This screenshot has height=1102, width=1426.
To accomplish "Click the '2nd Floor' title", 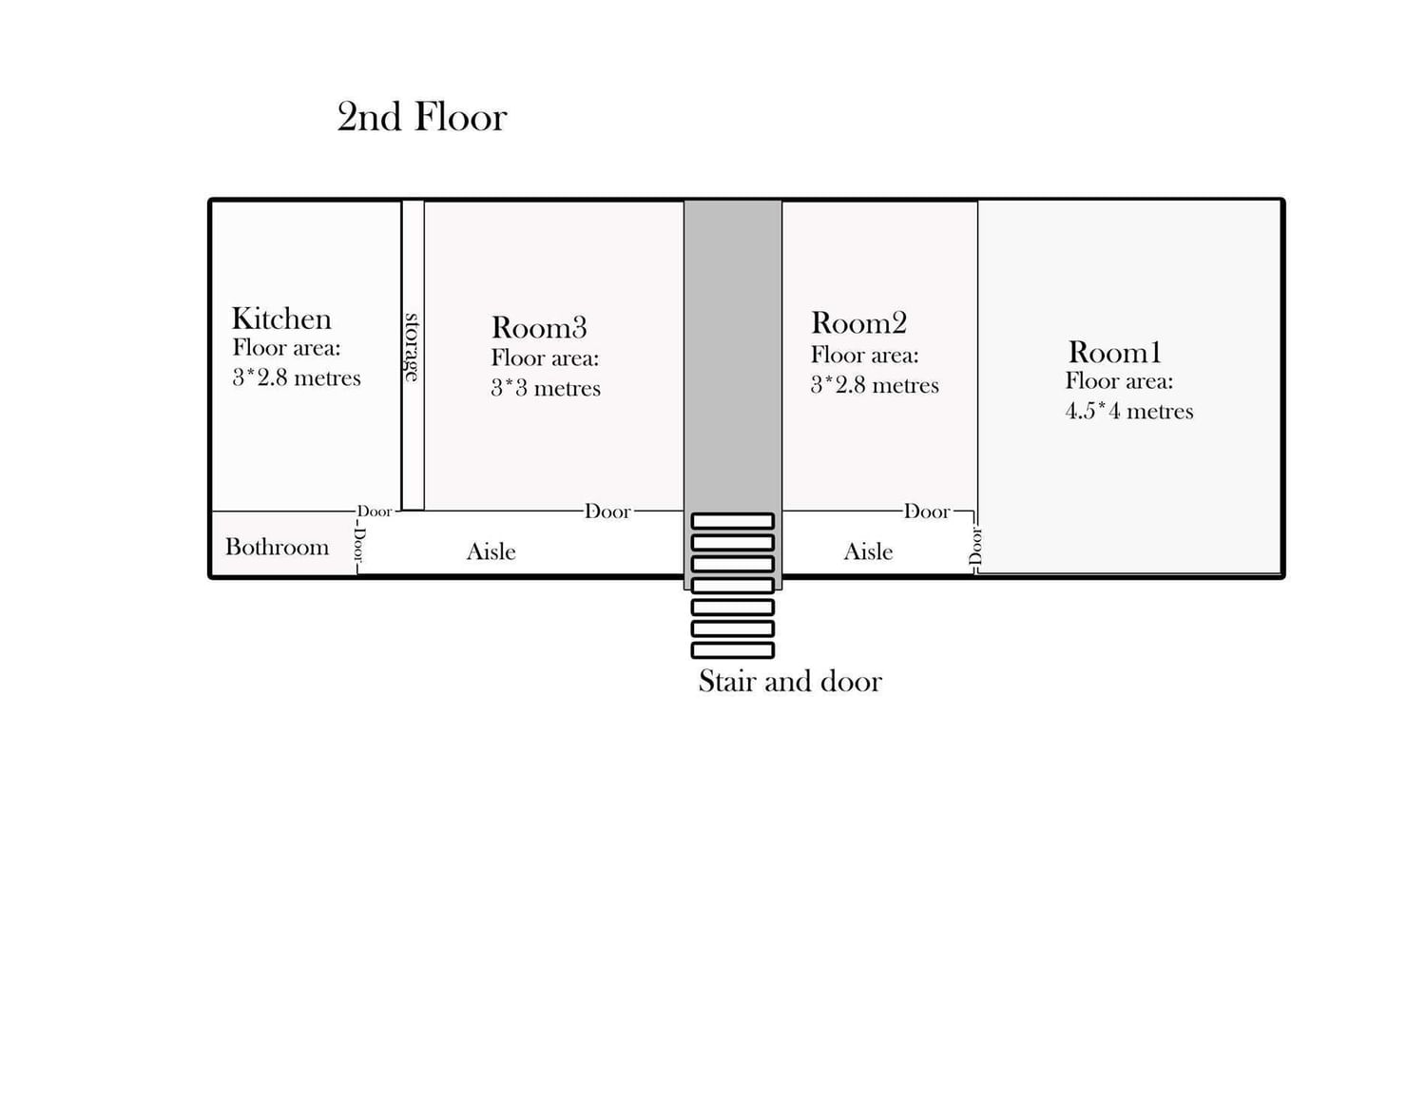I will (422, 117).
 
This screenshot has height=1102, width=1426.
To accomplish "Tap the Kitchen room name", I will (281, 319).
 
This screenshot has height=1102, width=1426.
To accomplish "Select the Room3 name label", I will (539, 328).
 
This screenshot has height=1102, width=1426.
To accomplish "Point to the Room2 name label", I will (858, 323).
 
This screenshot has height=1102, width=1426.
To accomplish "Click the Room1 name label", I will (1114, 353).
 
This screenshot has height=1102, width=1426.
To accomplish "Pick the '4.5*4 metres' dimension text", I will (1128, 411).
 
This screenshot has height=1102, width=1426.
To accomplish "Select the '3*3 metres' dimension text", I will (546, 388).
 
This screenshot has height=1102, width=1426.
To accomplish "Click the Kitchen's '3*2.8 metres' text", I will (297, 377).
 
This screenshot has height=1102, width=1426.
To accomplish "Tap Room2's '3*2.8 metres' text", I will (875, 385).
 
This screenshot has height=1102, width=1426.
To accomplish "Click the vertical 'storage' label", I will (413, 347).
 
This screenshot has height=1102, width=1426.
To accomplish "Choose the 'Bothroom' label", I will (277, 547).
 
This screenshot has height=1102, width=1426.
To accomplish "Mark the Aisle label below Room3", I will (491, 551).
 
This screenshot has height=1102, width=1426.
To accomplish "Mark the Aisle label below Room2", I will (868, 551).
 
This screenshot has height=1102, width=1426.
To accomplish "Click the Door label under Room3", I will (607, 512).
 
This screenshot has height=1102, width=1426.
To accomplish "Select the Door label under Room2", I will (927, 512).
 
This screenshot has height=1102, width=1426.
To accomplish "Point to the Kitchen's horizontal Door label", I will (375, 512).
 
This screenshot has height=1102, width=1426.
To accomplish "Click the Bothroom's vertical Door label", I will (358, 546).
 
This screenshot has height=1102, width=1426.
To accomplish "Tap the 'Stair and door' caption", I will (790, 681).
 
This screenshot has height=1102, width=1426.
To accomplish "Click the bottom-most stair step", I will (732, 650).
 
